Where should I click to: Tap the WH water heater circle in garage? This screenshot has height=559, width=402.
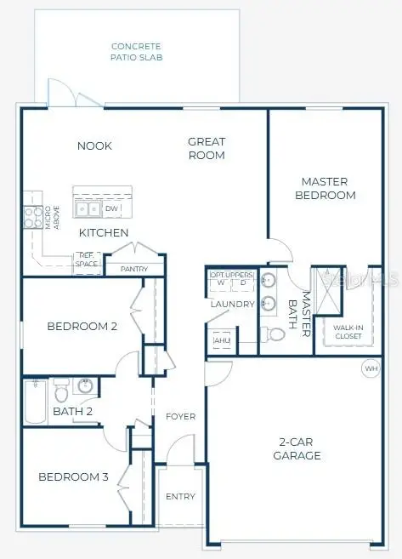371,368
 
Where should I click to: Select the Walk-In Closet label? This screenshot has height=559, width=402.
347,331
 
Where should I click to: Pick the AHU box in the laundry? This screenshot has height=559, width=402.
222,341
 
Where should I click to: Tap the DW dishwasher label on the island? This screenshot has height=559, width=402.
111,208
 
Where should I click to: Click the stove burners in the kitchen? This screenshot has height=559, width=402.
33,217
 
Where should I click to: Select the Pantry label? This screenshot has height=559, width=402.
135,269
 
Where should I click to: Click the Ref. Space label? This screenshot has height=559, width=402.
87,259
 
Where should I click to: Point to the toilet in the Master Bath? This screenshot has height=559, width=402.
274,335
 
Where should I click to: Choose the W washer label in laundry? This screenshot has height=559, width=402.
221,283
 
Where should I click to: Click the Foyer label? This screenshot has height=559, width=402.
180,417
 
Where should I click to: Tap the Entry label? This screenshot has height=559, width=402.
180,496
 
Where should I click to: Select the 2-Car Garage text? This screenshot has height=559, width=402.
300,448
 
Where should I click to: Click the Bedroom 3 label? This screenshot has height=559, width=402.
73,476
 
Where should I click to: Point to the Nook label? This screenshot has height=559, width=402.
94,146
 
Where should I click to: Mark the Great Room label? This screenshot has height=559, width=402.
207,149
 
